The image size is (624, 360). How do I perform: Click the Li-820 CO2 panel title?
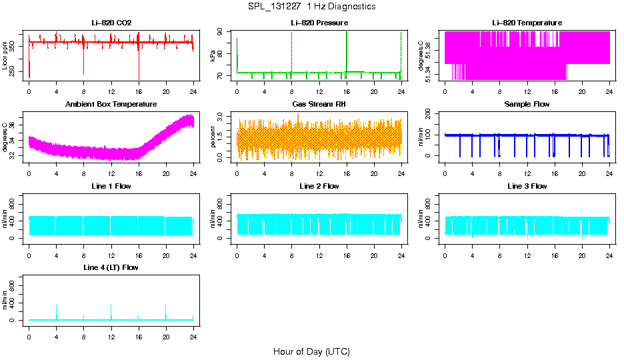click(x=111, y=23)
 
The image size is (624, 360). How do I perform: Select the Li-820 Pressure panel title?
click(x=319, y=23)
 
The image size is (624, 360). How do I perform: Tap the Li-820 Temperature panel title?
click(x=527, y=23)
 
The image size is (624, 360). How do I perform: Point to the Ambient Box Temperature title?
click(x=111, y=104)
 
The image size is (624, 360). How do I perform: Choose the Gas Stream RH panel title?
click(x=319, y=104)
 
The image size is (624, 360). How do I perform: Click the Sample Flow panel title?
click(x=527, y=104)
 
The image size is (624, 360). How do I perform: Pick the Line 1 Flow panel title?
click(x=111, y=186)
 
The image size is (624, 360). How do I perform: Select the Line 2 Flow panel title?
click(x=319, y=186)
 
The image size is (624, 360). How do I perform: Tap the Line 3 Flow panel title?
click(x=527, y=186)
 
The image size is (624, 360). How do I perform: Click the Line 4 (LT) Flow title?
click(x=111, y=267)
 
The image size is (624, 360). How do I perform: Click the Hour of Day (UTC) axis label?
click(x=311, y=351)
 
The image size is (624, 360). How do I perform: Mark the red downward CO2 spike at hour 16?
click(x=139, y=67)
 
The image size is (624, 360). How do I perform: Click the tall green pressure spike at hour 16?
click(x=347, y=47)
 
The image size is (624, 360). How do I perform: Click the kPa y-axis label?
click(x=213, y=55)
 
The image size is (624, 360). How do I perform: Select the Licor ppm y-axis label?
click(x=5, y=55)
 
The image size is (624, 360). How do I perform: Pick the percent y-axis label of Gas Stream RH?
click(x=213, y=137)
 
